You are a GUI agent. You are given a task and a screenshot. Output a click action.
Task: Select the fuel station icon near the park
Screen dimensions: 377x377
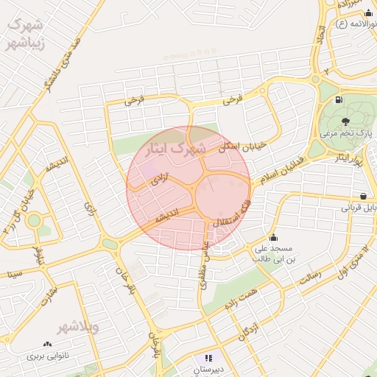point(338,99)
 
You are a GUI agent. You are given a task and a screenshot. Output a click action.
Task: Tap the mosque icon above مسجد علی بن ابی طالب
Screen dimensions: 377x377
point(274,237)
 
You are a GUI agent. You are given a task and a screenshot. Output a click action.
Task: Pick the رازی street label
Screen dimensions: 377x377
point(90,210)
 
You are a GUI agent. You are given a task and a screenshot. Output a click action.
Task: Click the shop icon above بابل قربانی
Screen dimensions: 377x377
point(363,195)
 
